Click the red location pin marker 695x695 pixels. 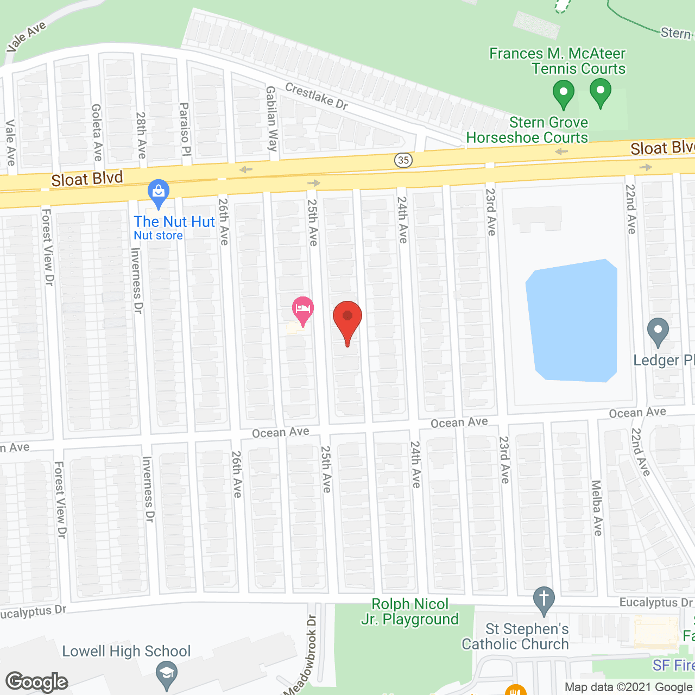pos(347,318)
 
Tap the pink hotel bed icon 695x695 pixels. pos(303,310)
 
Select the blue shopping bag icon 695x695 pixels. pos(159,192)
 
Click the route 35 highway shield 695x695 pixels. pos(403,160)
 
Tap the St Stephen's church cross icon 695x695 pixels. pos(544,598)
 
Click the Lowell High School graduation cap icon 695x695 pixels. pos(166,674)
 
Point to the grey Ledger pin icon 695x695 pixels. pos(658,330)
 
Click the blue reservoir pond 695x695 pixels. pos(572,320)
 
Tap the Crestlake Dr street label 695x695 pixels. pos(316,96)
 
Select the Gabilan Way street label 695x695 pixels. pos(272,118)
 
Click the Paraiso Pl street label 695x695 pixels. pos(185,129)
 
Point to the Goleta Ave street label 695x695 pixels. pos(97,132)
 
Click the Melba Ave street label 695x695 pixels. pos(597,508)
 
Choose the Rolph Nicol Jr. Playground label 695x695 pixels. pos(410,611)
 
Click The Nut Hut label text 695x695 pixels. pos(174,222)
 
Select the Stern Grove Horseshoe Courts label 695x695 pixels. pos(527,130)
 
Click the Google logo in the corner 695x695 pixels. pos(37,681)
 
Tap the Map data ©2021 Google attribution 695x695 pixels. pos(628,687)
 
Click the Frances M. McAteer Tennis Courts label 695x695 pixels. pos(557,61)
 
